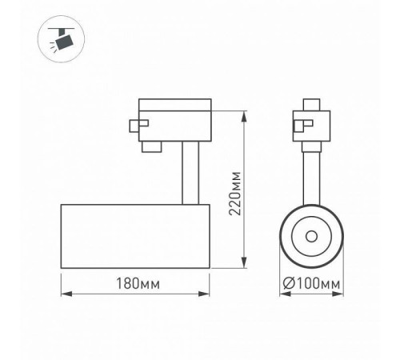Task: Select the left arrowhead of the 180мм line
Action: pos(65,294)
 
